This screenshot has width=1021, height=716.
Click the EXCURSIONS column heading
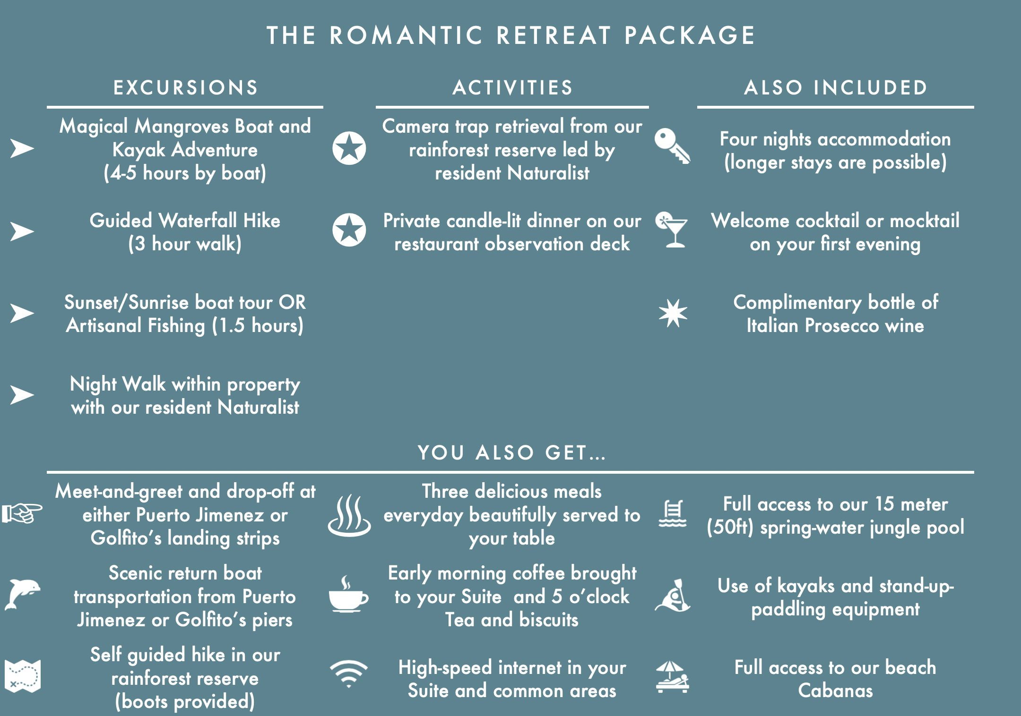pos(186,88)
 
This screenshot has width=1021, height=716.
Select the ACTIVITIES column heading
pos(512,88)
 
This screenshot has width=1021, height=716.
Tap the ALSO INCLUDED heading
pos(836,88)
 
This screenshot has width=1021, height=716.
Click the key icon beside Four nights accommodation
pos(672,146)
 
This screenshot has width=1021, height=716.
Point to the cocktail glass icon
pos(672,230)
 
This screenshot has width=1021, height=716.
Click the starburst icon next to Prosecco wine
pos(673,313)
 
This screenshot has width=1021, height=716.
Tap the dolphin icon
pos(22,594)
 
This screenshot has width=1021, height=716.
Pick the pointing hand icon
pos(22,513)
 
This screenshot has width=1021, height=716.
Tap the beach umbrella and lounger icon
pos(672,677)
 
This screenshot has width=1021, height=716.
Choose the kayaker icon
pos(673,595)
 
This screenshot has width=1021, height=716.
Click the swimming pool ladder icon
pos(673,513)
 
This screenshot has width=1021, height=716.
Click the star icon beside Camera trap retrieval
pos(349,148)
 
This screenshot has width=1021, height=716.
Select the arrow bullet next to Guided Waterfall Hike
pos(22,231)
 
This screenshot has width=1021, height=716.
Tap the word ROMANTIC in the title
pos(407,36)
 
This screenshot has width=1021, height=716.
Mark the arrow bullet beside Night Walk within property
pos(22,395)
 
